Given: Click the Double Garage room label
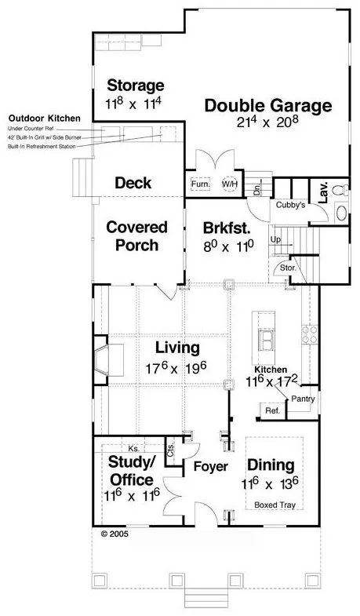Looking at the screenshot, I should (267, 106).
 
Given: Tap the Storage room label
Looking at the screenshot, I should (136, 86).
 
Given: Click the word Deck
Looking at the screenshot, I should (133, 183).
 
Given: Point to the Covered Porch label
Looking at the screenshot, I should (137, 235).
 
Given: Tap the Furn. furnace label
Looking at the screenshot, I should (200, 184).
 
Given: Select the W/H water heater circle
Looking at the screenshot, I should (230, 184).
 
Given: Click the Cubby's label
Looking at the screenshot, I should (291, 204).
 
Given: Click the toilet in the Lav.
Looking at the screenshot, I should (340, 190).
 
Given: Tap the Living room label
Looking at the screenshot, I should (176, 346).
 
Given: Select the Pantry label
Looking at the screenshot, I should (303, 399).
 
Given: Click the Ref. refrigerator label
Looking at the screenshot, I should (272, 410).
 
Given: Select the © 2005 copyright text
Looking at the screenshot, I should (115, 533).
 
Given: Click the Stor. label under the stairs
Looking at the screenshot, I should (287, 268).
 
